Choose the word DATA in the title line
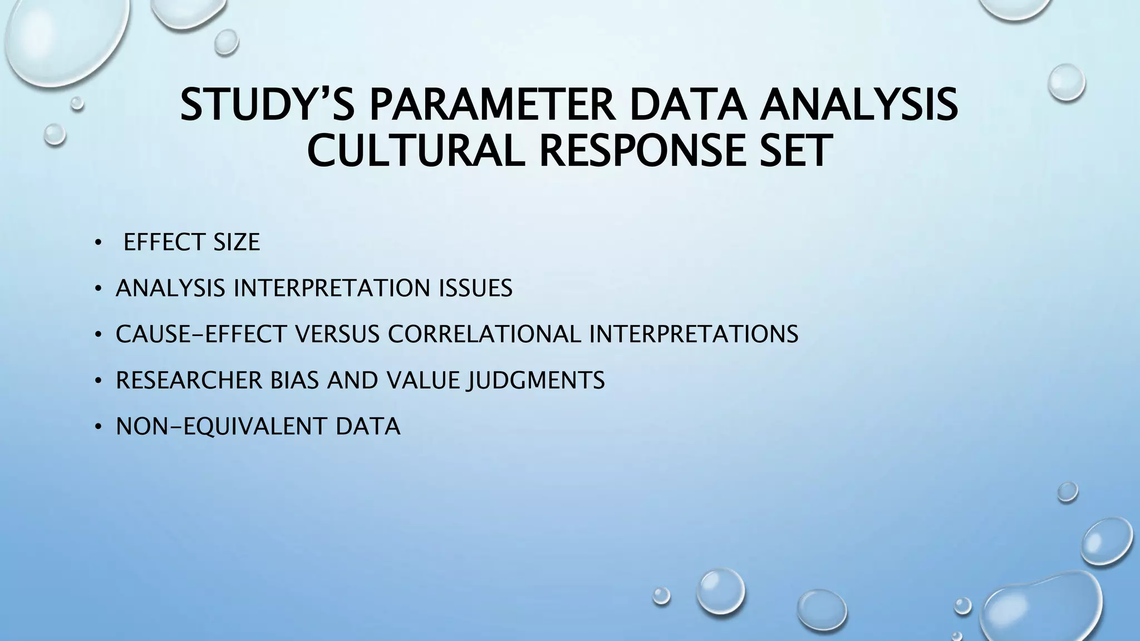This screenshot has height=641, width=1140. tap(688, 105)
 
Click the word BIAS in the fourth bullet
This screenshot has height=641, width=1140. tap(296, 381)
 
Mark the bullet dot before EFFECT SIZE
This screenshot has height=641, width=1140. tap(98, 243)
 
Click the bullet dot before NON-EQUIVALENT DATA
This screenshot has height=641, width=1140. tap(98, 427)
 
